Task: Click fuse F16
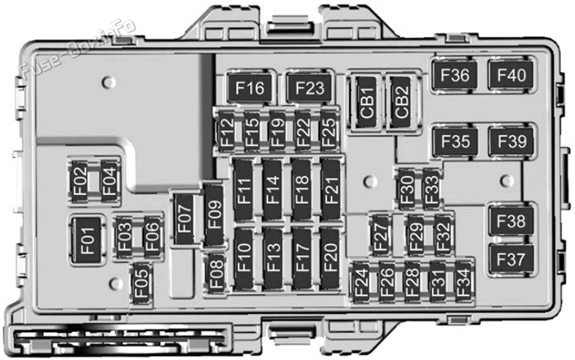click(250, 88)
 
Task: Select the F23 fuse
click(310, 88)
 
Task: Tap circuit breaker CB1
click(366, 103)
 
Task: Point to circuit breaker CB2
click(401, 103)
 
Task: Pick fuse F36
click(455, 76)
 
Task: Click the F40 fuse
click(511, 76)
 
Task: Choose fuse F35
click(455, 141)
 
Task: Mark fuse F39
click(512, 141)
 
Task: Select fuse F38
click(511, 221)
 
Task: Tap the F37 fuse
click(511, 260)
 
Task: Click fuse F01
click(87, 240)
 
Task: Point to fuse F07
click(185, 219)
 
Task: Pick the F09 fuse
click(214, 215)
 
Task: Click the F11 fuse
click(243, 190)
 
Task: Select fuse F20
click(329, 258)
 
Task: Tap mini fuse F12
click(227, 132)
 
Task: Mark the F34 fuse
click(463, 282)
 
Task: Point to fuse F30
click(407, 189)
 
